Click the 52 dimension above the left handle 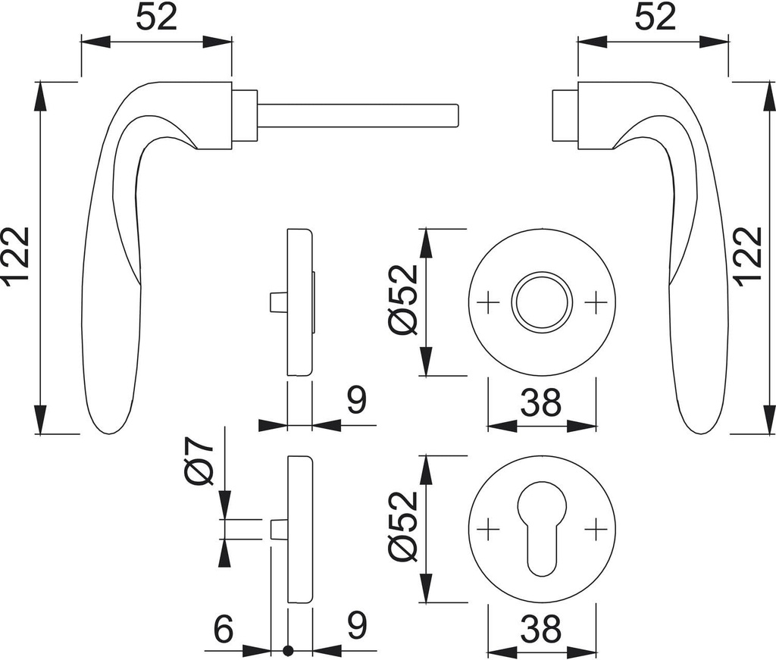[156, 17]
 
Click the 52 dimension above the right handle [654, 17]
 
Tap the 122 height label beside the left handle [17, 258]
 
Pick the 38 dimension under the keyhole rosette [541, 629]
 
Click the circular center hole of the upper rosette [541, 301]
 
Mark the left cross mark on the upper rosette [489, 302]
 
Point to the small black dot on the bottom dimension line [288, 650]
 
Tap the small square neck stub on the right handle [564, 115]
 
